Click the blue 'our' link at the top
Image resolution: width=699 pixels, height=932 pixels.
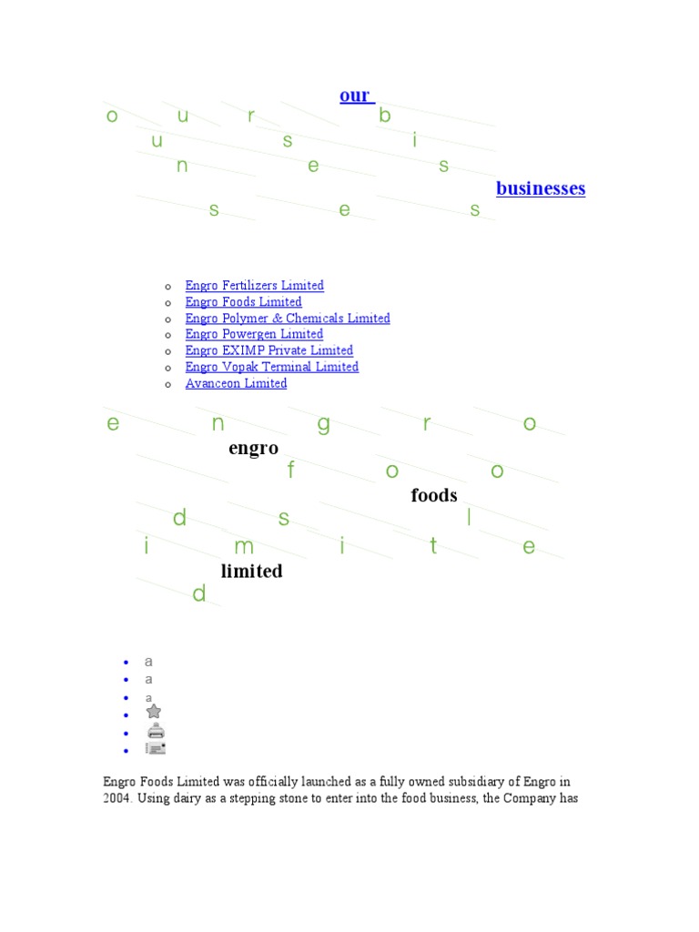355,96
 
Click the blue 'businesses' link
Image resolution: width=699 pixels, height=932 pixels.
541,188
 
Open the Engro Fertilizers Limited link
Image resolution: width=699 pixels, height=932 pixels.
254,286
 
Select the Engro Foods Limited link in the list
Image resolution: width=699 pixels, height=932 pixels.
243,302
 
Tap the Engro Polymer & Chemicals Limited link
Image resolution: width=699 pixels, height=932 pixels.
288,319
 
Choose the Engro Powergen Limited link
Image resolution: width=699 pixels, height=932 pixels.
241,334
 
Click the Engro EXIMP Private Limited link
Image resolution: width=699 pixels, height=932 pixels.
268,350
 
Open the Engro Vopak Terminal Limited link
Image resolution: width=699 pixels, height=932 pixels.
271,367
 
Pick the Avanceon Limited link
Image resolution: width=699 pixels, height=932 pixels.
236,383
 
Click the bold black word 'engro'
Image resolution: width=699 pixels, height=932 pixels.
253,449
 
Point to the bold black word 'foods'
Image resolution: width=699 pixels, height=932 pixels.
433,496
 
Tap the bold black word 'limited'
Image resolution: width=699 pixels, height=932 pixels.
251,572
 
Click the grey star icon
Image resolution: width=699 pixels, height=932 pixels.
154,712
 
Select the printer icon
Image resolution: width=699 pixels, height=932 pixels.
156,731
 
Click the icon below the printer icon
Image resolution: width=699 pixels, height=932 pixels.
156,748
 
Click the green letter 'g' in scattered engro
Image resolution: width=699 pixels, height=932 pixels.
323,425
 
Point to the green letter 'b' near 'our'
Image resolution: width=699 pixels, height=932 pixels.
385,116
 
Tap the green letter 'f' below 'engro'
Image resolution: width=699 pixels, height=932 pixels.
291,471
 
